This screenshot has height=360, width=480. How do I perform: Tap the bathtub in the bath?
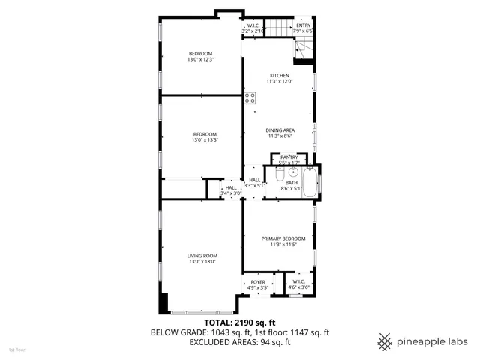tap(314, 184)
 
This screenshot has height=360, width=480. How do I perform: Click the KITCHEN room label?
tap(280, 76)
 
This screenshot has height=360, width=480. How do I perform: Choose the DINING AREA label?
tap(280, 130)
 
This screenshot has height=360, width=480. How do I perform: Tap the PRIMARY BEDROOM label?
tap(278, 238)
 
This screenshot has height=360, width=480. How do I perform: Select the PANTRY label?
tap(289, 157)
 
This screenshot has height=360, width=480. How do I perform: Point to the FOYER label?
tap(257, 282)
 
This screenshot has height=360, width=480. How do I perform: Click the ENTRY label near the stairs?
tap(303, 25)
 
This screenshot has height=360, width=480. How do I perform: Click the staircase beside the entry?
tap(280, 28)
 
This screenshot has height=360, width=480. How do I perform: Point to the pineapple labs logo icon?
tap(385, 340)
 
